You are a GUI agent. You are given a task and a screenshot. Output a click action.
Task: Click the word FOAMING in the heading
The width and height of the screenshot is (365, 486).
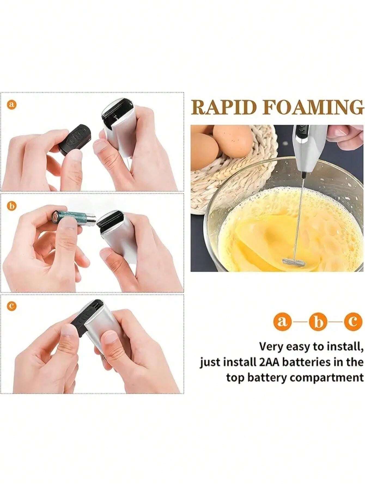[x=314, y=108]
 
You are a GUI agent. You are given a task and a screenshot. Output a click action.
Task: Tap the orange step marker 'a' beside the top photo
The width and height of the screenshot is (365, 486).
[x=11, y=105]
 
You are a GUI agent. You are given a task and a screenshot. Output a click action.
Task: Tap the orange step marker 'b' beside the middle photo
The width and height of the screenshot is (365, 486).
[x=11, y=206]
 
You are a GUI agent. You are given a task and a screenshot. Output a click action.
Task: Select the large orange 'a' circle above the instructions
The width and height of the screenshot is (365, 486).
[x=282, y=322]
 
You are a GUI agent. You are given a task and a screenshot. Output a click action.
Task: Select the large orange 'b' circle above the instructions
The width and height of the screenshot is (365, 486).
[x=318, y=322]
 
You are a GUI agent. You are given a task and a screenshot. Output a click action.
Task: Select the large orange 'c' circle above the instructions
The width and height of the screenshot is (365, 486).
[x=353, y=322]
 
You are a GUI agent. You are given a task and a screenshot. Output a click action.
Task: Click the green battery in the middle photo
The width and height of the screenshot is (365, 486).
[x=74, y=217]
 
